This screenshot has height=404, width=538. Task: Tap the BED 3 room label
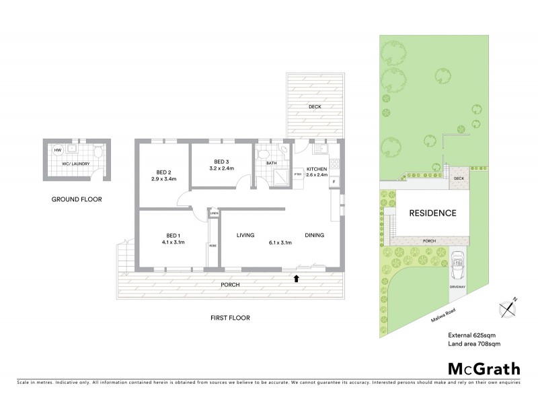[x=222, y=162]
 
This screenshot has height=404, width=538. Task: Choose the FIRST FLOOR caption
[x=229, y=318]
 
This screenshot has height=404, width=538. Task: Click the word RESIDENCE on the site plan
[x=433, y=213]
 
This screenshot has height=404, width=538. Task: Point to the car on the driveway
[x=458, y=263]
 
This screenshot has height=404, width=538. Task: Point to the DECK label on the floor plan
[x=315, y=106]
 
